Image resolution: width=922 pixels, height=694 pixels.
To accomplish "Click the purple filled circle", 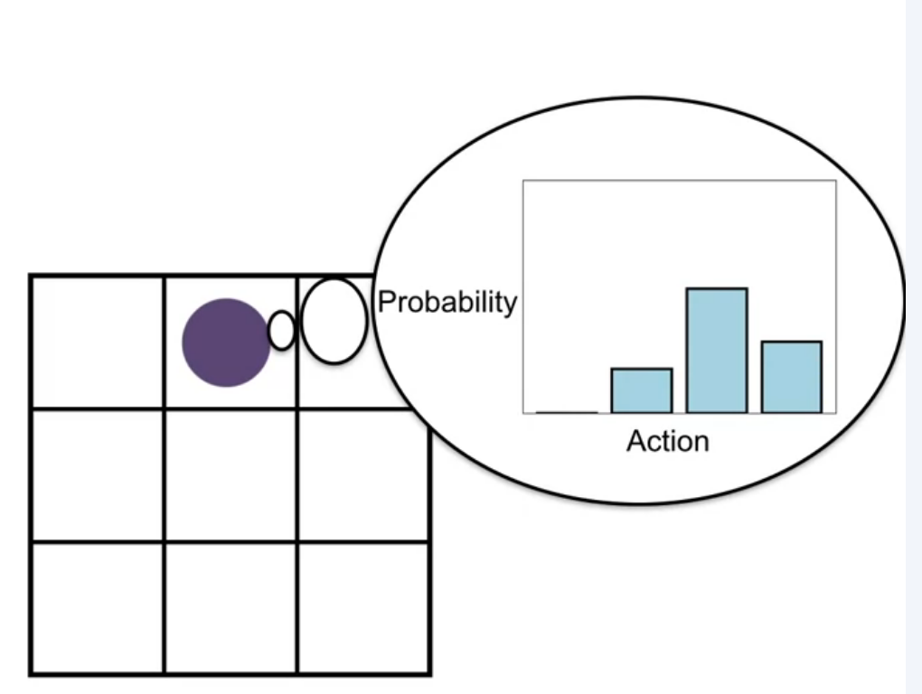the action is tap(226, 342).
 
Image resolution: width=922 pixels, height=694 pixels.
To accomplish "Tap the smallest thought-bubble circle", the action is tap(282, 331).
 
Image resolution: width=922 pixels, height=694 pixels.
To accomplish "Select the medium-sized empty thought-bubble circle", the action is tap(334, 321).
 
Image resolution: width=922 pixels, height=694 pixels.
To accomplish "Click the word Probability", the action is tap(447, 303).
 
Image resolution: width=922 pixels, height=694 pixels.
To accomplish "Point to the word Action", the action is tap(668, 441).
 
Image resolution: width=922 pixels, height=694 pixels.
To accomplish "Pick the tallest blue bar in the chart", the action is tap(717, 351).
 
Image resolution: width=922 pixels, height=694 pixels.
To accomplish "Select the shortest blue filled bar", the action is tap(642, 390).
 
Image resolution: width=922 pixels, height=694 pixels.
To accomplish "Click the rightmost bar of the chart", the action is tap(792, 377).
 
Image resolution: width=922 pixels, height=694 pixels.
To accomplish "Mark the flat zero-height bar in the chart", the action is tap(567, 413).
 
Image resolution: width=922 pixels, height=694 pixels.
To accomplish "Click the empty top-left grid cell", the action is tap(98, 342).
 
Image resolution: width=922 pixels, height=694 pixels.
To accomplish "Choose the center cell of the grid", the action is tap(230, 475).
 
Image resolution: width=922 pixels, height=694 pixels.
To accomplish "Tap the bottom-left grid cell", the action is tap(98, 608).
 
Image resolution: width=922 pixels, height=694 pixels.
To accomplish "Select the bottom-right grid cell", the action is tap(363, 608).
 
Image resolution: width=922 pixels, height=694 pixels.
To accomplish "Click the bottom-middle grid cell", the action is tap(230, 608).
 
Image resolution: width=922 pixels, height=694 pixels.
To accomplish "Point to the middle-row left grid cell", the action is tap(98, 475).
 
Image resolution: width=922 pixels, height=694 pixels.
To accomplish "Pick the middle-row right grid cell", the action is tap(363, 475).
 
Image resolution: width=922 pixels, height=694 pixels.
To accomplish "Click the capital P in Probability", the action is tap(387, 302).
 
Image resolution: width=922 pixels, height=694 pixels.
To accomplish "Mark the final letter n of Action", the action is tap(702, 444).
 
